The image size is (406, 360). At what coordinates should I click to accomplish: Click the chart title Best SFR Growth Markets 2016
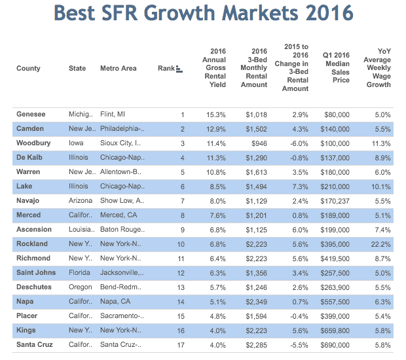(x=202, y=13)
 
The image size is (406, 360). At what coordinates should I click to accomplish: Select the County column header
(x=28, y=68)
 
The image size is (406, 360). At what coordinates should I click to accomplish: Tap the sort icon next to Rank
(x=179, y=68)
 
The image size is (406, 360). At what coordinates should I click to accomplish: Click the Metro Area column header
(x=119, y=68)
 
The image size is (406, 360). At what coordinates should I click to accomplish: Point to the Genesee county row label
(x=31, y=115)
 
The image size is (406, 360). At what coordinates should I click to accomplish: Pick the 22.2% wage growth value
(x=380, y=244)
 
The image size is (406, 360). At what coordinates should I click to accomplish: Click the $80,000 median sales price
(x=337, y=115)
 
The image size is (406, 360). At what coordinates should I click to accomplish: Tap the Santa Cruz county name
(x=35, y=345)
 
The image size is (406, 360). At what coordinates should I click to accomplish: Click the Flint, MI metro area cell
(x=113, y=115)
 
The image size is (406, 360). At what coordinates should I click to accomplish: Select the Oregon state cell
(x=80, y=287)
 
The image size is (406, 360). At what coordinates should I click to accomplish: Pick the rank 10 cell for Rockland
(x=181, y=244)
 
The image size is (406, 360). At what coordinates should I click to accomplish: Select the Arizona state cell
(x=81, y=201)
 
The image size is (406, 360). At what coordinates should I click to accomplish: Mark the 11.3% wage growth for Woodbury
(x=380, y=143)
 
